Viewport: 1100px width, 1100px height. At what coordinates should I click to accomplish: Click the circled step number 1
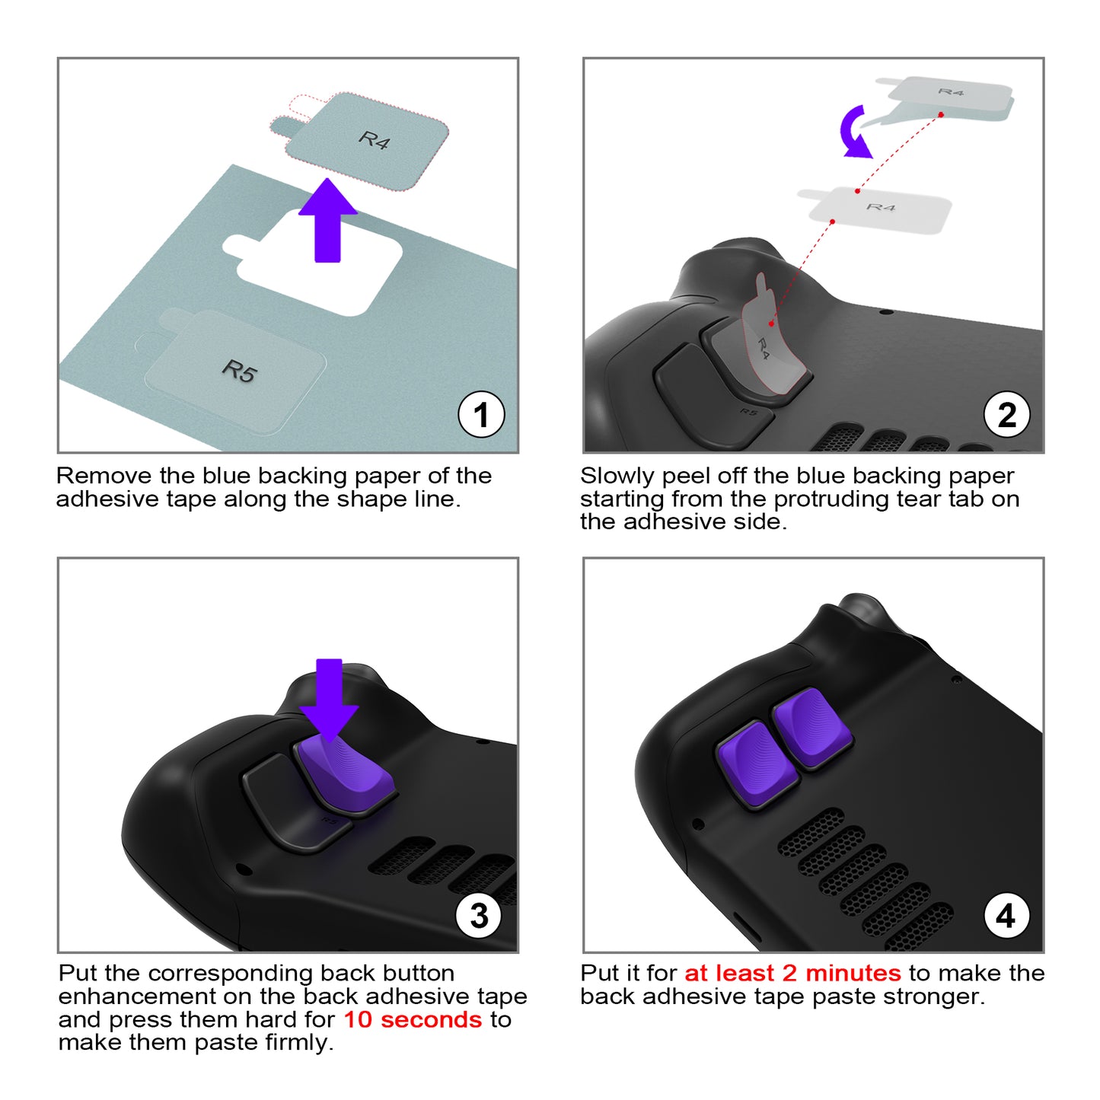480,414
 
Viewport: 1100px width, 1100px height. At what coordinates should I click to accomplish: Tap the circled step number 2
1006,414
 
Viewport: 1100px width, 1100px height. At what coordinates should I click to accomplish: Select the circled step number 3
479,916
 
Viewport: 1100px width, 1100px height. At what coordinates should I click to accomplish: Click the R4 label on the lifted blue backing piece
375,139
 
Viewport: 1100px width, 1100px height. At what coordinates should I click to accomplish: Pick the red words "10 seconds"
413,1019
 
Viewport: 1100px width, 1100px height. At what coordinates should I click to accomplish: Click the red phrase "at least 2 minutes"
792,973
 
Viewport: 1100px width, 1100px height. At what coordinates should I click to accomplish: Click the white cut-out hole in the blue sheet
313,263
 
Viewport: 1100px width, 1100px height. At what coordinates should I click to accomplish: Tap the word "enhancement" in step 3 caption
136,996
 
